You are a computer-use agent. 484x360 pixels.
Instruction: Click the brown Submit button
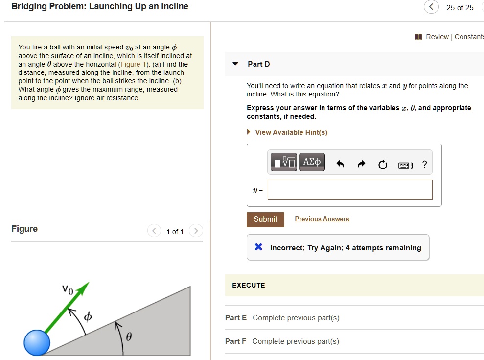pos(265,219)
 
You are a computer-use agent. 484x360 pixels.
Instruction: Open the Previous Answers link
pos(322,219)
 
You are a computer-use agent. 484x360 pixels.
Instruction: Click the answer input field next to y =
pos(350,190)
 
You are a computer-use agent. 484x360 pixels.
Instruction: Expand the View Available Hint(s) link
pos(291,132)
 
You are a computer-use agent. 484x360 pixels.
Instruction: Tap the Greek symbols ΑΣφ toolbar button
pos(312,162)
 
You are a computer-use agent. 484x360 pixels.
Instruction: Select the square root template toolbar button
pos(284,162)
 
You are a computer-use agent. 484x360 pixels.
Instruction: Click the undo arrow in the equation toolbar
pos(341,165)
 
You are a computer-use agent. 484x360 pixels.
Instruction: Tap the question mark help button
pos(424,165)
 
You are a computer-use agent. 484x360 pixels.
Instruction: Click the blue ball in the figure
pos(37,342)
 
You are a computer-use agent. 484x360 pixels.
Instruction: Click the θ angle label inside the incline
pos(129,337)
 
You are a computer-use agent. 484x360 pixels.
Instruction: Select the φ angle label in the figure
pos(88,317)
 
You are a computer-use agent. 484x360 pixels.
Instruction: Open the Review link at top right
pos(437,37)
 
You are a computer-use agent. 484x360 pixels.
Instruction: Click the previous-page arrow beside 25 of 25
pos(431,7)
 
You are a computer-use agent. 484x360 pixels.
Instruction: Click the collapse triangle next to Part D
pos(235,64)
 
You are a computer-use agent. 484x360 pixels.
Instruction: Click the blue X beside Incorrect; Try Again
pos(259,247)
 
